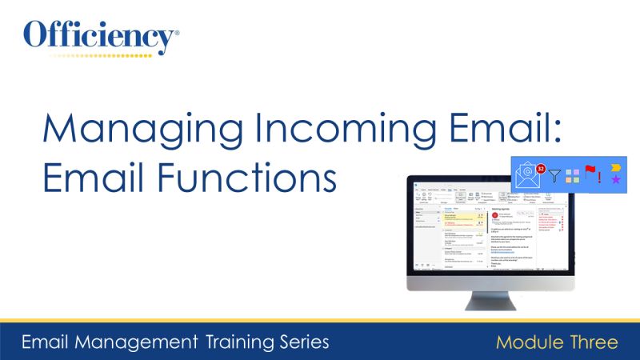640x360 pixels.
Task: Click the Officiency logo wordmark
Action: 101,36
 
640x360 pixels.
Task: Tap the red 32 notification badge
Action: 542,169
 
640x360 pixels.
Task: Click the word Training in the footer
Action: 242,342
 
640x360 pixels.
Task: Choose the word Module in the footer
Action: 527,342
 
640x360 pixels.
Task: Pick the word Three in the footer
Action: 591,342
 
